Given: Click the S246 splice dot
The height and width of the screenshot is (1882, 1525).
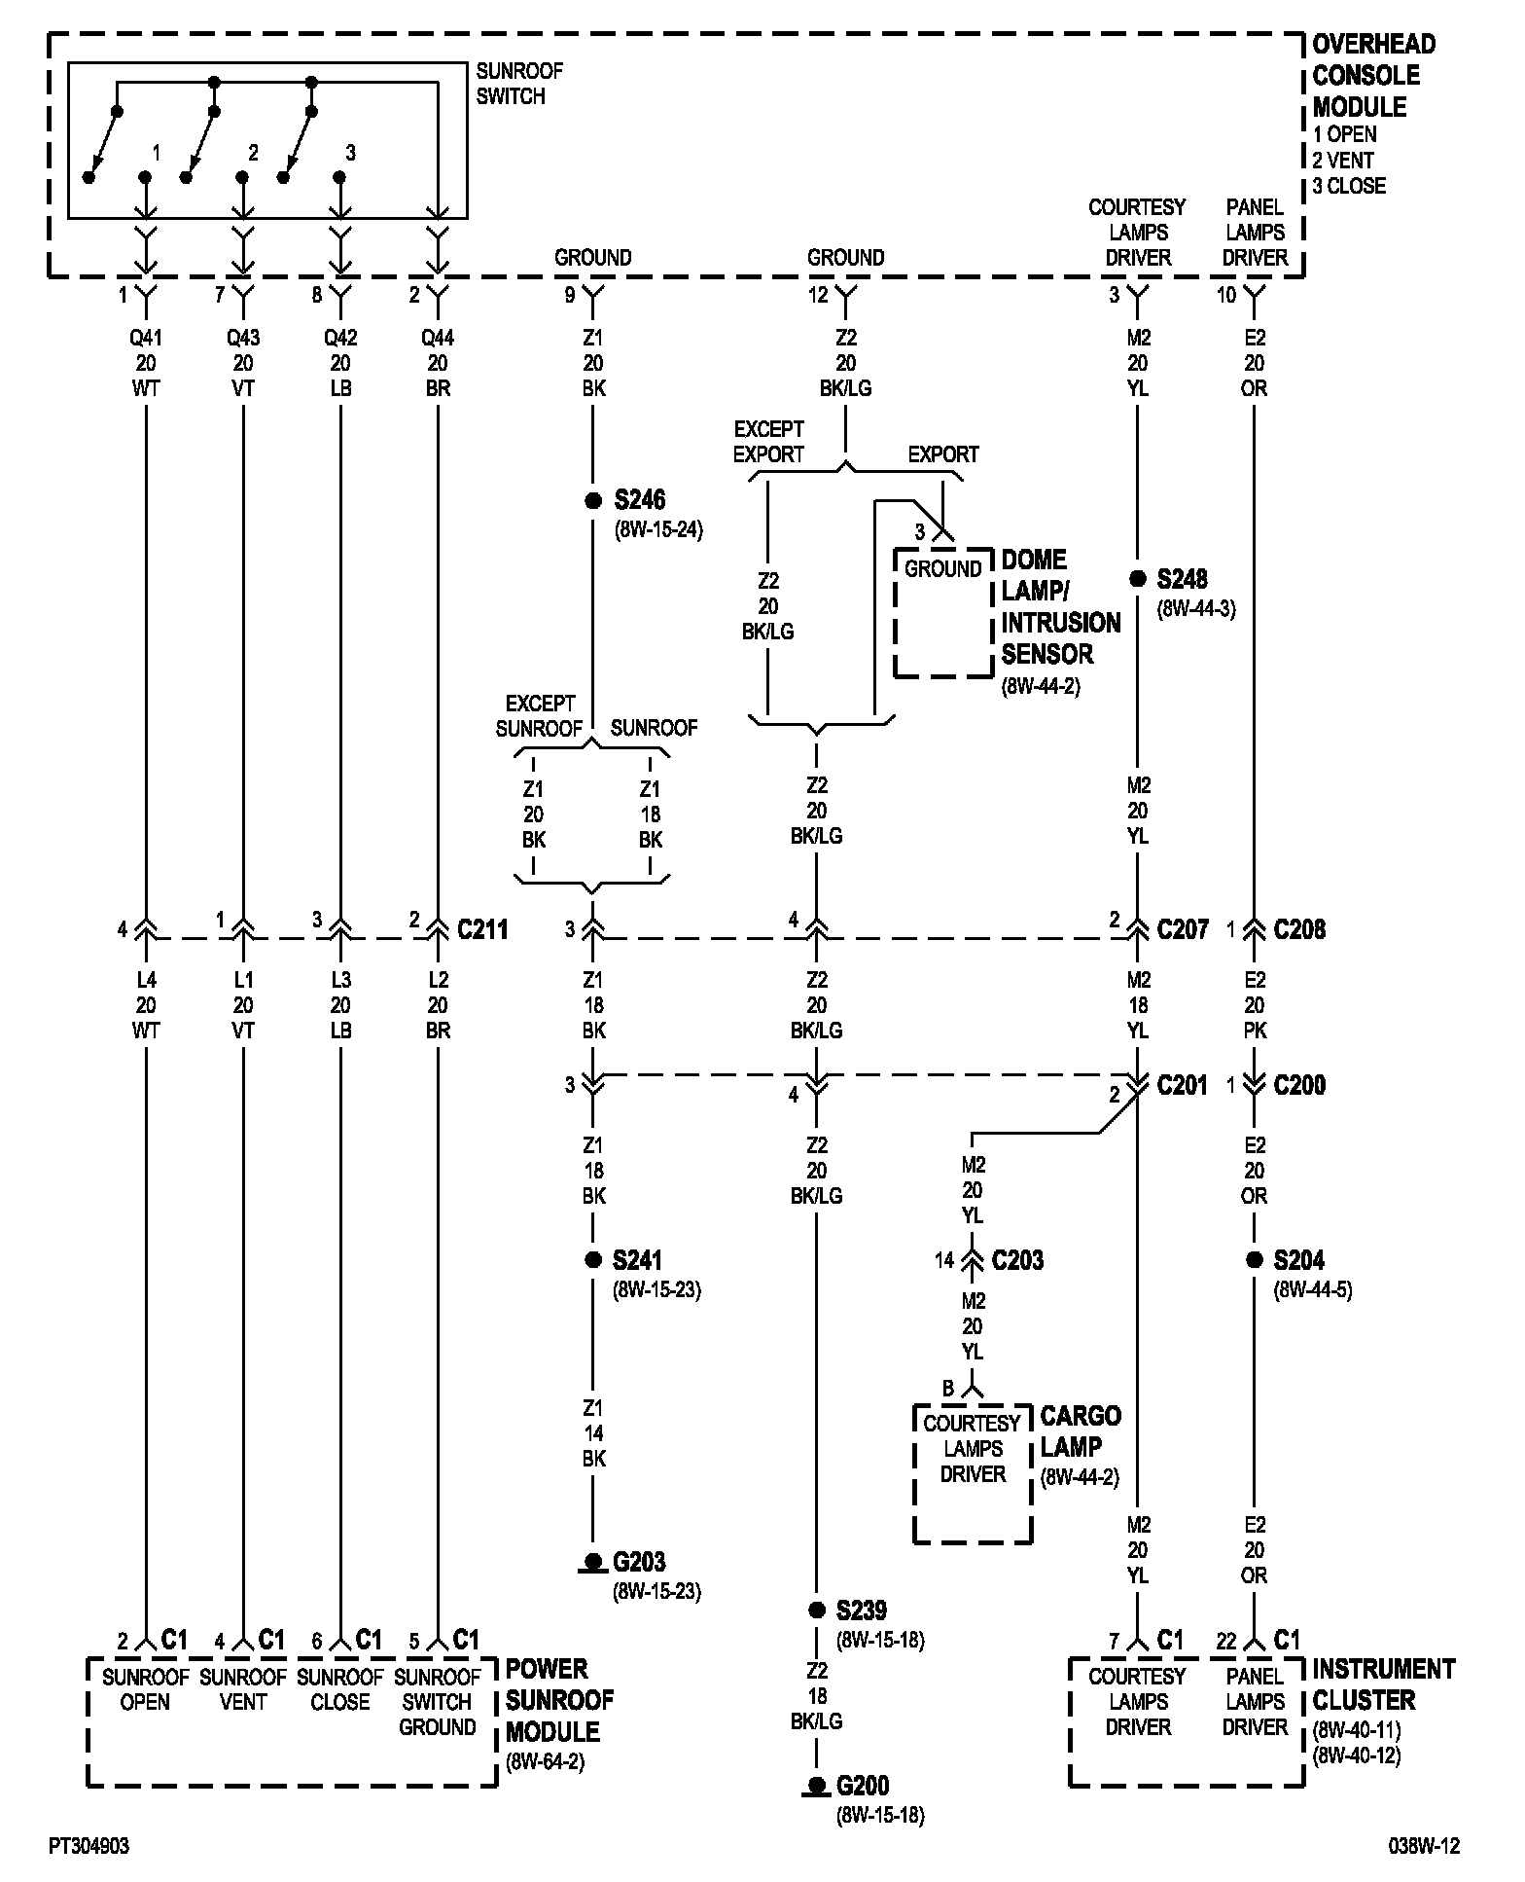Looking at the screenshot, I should point(593,501).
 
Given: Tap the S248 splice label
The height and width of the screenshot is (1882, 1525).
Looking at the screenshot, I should point(1182,580).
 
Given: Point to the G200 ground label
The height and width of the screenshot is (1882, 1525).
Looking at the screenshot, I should point(863,1787).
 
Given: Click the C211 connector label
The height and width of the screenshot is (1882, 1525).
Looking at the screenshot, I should point(482,930).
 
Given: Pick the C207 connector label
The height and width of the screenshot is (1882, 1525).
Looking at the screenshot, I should point(1183,930).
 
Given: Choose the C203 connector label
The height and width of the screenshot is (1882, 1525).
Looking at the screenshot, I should point(1017,1261).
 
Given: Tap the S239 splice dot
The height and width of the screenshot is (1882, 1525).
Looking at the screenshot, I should point(817,1611).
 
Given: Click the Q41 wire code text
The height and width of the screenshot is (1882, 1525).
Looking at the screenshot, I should point(146,339).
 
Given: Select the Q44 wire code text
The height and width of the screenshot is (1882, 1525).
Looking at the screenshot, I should point(438,339).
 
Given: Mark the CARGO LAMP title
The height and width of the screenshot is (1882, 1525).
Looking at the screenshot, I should point(1080,1431).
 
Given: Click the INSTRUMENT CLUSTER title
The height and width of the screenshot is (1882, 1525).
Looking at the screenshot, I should point(1383,1684).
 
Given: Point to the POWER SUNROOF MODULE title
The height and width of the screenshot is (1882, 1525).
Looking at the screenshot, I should point(560,1700).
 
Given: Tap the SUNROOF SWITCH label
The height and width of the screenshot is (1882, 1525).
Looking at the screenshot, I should point(519,84).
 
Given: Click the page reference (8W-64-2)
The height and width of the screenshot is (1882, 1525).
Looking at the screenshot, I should point(545,1762).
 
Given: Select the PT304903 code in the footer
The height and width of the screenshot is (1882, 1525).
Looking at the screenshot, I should point(89,1846).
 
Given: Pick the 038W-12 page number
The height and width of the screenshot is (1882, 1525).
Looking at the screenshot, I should point(1424,1846).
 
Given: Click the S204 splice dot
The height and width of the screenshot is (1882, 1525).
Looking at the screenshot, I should point(1255,1260).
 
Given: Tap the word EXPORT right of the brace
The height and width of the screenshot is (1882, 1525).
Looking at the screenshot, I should point(942,454).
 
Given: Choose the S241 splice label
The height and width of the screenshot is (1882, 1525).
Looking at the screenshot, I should point(637,1261).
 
